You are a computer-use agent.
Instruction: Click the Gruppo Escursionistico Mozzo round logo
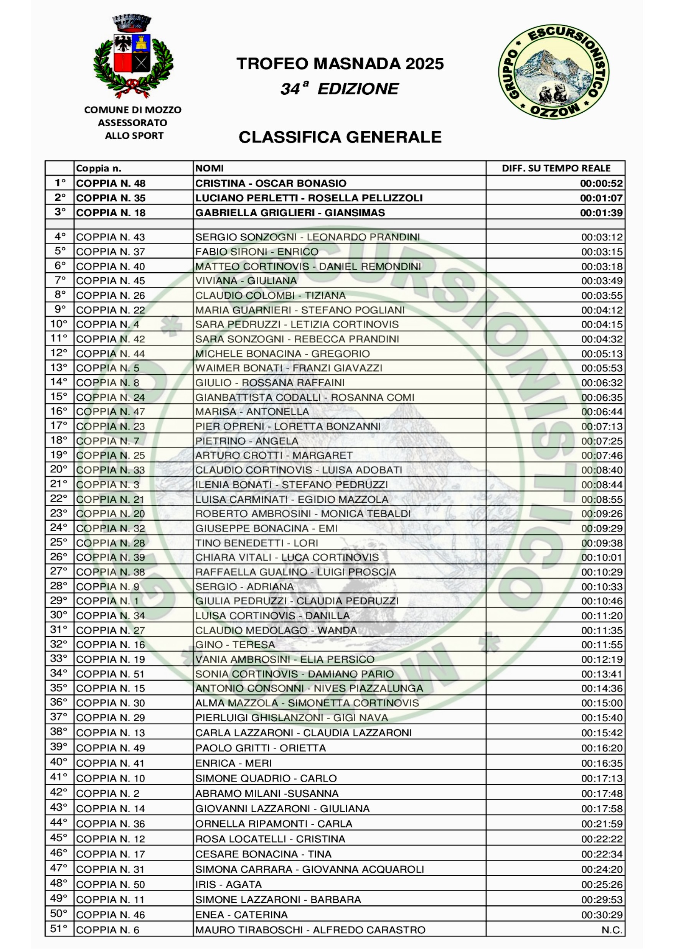[553, 71]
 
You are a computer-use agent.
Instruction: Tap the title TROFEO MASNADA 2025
[340, 64]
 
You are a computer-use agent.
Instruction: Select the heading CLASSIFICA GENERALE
[340, 137]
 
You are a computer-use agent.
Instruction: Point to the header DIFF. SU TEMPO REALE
[556, 168]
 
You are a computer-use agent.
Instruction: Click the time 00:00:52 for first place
[601, 183]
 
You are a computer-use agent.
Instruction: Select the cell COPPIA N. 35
[111, 198]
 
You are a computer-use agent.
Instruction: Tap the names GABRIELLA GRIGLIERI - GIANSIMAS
[290, 212]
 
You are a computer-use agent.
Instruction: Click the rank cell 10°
[59, 324]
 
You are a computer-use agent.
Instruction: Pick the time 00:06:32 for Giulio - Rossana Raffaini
[601, 383]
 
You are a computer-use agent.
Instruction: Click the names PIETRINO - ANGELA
[247, 441]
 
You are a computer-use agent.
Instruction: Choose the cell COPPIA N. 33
[110, 470]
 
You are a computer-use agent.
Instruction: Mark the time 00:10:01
[601, 558]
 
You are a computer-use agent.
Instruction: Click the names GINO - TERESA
[235, 645]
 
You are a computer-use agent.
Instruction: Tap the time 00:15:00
[601, 703]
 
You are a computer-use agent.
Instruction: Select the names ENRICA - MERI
[233, 763]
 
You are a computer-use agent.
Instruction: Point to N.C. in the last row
[612, 930]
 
